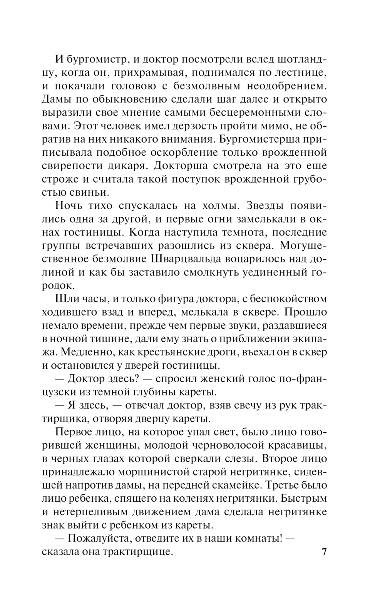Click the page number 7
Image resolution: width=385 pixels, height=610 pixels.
pyautogui.click(x=324, y=551)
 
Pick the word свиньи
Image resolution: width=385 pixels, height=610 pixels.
pyautogui.click(x=88, y=192)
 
